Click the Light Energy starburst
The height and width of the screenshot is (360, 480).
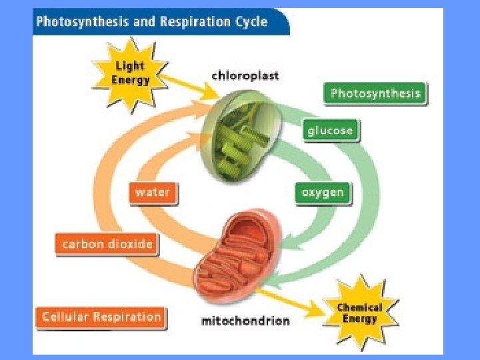pyautogui.click(x=130, y=73)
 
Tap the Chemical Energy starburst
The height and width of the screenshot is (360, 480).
pyautogui.click(x=359, y=312)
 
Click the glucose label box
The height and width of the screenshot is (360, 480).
pyautogui.click(x=330, y=130)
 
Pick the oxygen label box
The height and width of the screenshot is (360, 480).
pyautogui.click(x=323, y=193)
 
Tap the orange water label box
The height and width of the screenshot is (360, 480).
pyautogui.click(x=153, y=193)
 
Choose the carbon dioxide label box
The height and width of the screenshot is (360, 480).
pyautogui.click(x=107, y=244)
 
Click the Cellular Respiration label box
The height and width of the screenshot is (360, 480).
pyautogui.click(x=101, y=317)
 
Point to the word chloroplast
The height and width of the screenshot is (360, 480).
pyautogui.click(x=245, y=75)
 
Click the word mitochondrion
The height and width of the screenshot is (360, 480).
pyautogui.click(x=245, y=321)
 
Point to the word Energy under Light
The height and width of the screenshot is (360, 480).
pyautogui.click(x=131, y=80)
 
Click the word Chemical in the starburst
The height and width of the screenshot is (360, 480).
pyautogui.click(x=359, y=307)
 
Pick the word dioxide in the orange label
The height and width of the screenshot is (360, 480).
pyautogui.click(x=131, y=244)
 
